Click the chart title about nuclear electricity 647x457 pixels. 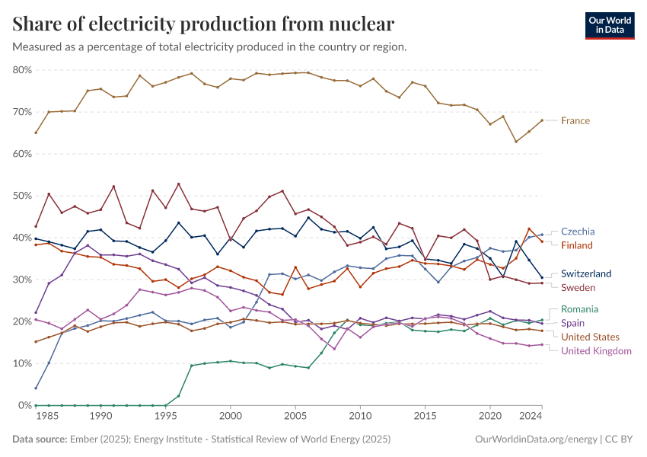point(203,24)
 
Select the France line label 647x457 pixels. point(575,120)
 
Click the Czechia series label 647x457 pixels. point(578,232)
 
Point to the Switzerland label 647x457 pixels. point(586,273)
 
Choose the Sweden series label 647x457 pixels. point(578,287)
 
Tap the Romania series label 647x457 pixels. point(579,309)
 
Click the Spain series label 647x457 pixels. point(573,323)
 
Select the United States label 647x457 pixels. point(590,337)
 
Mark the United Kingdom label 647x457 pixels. point(596,350)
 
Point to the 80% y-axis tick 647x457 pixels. point(22,70)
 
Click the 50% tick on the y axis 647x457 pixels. point(22,196)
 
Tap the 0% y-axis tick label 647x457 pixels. point(24,405)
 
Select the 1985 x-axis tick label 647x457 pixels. point(48,417)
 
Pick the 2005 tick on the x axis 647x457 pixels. point(295,417)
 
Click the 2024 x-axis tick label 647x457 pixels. point(531,417)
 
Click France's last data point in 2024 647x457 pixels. point(541,120)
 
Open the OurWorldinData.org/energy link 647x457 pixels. point(535,439)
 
